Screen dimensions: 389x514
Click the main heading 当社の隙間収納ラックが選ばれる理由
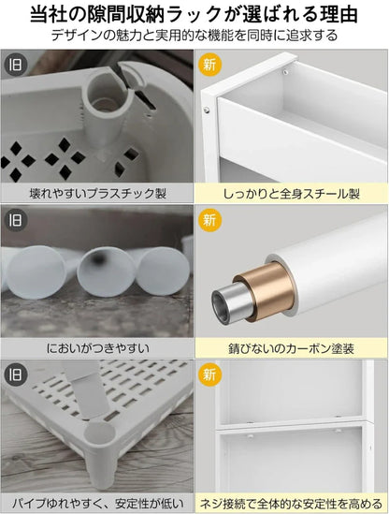tap(194, 14)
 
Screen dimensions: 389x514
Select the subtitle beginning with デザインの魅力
tap(194, 35)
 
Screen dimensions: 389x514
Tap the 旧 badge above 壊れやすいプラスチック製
tap(15, 65)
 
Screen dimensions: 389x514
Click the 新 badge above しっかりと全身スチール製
tap(209, 65)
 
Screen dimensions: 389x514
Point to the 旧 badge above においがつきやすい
tap(15, 220)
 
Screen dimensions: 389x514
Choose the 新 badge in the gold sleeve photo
tap(209, 220)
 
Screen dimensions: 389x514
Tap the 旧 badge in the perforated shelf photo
tap(15, 374)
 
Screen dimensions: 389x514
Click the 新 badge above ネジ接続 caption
tap(209, 374)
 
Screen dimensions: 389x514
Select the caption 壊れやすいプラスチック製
tap(98, 194)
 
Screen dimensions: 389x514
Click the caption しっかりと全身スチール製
tap(292, 194)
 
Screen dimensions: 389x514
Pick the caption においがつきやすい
tap(98, 348)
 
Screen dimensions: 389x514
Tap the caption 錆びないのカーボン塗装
tap(292, 348)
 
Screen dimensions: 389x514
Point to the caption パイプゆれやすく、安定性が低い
tap(98, 503)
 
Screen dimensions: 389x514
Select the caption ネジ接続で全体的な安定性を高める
tap(292, 503)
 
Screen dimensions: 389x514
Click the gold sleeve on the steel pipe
tap(266, 292)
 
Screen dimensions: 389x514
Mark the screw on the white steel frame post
tap(207, 110)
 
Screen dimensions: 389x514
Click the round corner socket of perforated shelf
tap(99, 433)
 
